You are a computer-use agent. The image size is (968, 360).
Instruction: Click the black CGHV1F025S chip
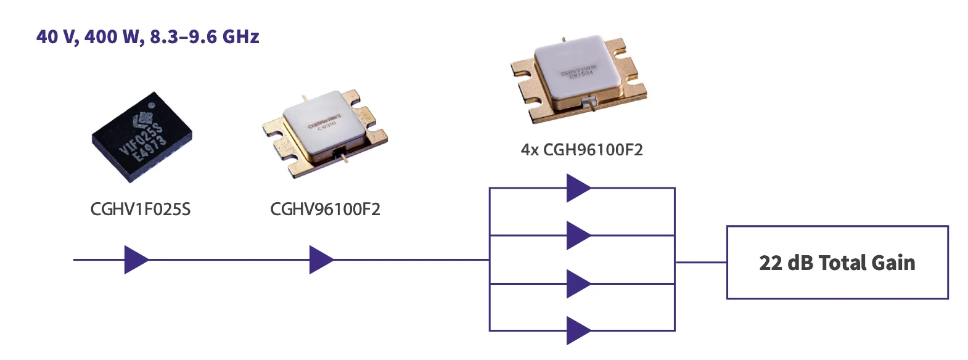142,138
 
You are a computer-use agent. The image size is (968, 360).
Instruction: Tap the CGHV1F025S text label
141,210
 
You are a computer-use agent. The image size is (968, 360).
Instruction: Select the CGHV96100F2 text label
325,210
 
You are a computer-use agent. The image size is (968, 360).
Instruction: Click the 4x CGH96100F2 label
581,150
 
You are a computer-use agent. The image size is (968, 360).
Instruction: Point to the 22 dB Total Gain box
837,263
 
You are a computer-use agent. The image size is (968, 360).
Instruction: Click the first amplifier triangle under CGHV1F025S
136,260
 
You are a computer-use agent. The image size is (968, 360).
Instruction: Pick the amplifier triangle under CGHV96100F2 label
321,260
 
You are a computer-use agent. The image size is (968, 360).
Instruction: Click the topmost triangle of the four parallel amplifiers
578,188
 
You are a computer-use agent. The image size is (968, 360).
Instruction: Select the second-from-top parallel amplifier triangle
578,235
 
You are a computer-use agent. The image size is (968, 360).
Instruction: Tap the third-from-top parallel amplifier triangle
578,284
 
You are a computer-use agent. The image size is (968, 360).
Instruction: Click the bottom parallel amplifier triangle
578,330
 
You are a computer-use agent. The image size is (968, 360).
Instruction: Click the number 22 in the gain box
771,263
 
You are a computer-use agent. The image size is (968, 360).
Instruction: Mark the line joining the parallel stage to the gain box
701,262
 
